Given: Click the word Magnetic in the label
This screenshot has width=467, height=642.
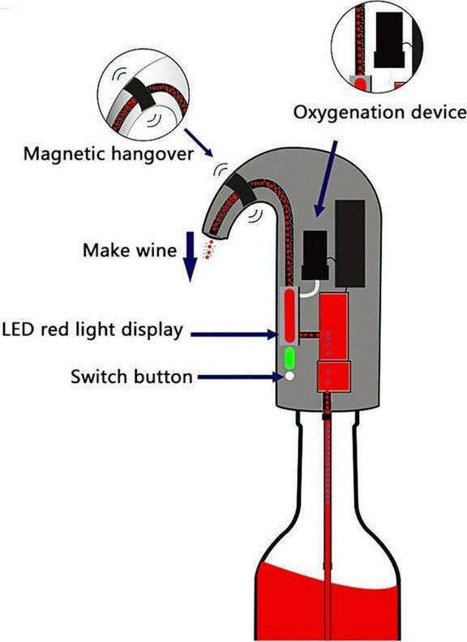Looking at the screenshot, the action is coord(64,154).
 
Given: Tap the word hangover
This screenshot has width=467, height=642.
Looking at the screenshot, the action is coord(152,154).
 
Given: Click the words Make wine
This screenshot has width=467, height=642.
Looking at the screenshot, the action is coord(130,250).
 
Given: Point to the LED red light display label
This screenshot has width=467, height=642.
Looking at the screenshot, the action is coord(92,330).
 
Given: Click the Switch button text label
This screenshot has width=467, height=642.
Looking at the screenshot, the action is coord(131,377).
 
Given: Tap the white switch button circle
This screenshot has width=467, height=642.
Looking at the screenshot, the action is coord(289,376).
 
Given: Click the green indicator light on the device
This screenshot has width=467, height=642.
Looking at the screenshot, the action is coord(289,357).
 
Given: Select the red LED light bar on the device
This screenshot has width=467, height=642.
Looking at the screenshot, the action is coord(289,314).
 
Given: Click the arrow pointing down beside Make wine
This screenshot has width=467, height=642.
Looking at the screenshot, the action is coord(190,256).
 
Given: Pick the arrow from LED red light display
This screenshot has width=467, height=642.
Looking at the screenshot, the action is coord(234,334).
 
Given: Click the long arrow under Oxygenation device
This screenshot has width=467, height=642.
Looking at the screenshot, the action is coord(325,179).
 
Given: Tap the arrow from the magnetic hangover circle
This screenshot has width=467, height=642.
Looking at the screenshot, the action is coord(199,143).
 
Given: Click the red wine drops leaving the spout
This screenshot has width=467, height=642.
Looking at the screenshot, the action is coord(209,249).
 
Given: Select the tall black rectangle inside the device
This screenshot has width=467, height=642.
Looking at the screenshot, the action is coord(350,243).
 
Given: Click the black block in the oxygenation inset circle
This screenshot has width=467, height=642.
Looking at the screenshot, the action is coord(390,40).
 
